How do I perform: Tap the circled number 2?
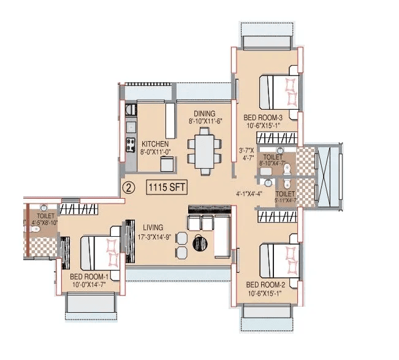coord(128,186)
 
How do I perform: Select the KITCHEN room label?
coord(155,144)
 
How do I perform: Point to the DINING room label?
coord(204,113)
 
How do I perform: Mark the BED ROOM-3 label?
coord(262,118)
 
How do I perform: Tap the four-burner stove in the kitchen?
coord(131,145)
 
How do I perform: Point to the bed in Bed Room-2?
coord(279,258)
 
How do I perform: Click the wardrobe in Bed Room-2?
coord(276,217)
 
